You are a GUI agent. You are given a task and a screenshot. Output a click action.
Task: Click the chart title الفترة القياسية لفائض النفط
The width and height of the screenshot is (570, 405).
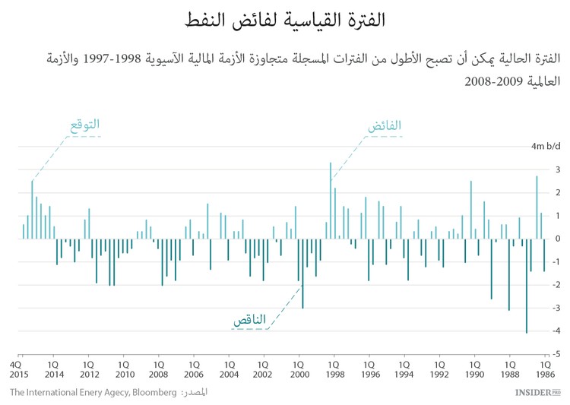coord(286,21)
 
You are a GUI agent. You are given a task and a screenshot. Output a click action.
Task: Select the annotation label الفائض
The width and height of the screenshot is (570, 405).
coord(385,126)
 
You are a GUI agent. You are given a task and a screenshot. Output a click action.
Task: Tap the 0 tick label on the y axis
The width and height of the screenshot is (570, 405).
coord(558,239)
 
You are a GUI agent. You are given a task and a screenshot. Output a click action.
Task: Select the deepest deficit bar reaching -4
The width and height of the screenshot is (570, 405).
coord(526,286)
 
